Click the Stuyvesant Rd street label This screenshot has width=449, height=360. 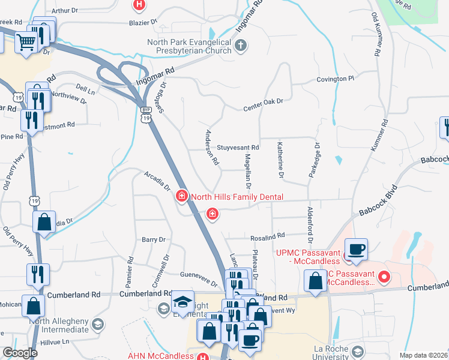point(238,147)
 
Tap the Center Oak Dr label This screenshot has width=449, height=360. point(262,109)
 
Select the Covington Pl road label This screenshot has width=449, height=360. point(336,79)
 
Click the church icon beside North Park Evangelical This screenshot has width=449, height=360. point(240,45)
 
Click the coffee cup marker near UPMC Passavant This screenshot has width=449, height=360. point(357,249)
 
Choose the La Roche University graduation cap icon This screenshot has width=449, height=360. point(358,352)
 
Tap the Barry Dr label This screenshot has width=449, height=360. point(153,239)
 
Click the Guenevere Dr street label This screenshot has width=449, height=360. point(198,279)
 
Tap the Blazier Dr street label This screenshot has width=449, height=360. point(142,22)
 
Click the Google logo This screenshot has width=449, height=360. point(20,352)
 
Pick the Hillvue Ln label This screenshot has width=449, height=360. point(56,341)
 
